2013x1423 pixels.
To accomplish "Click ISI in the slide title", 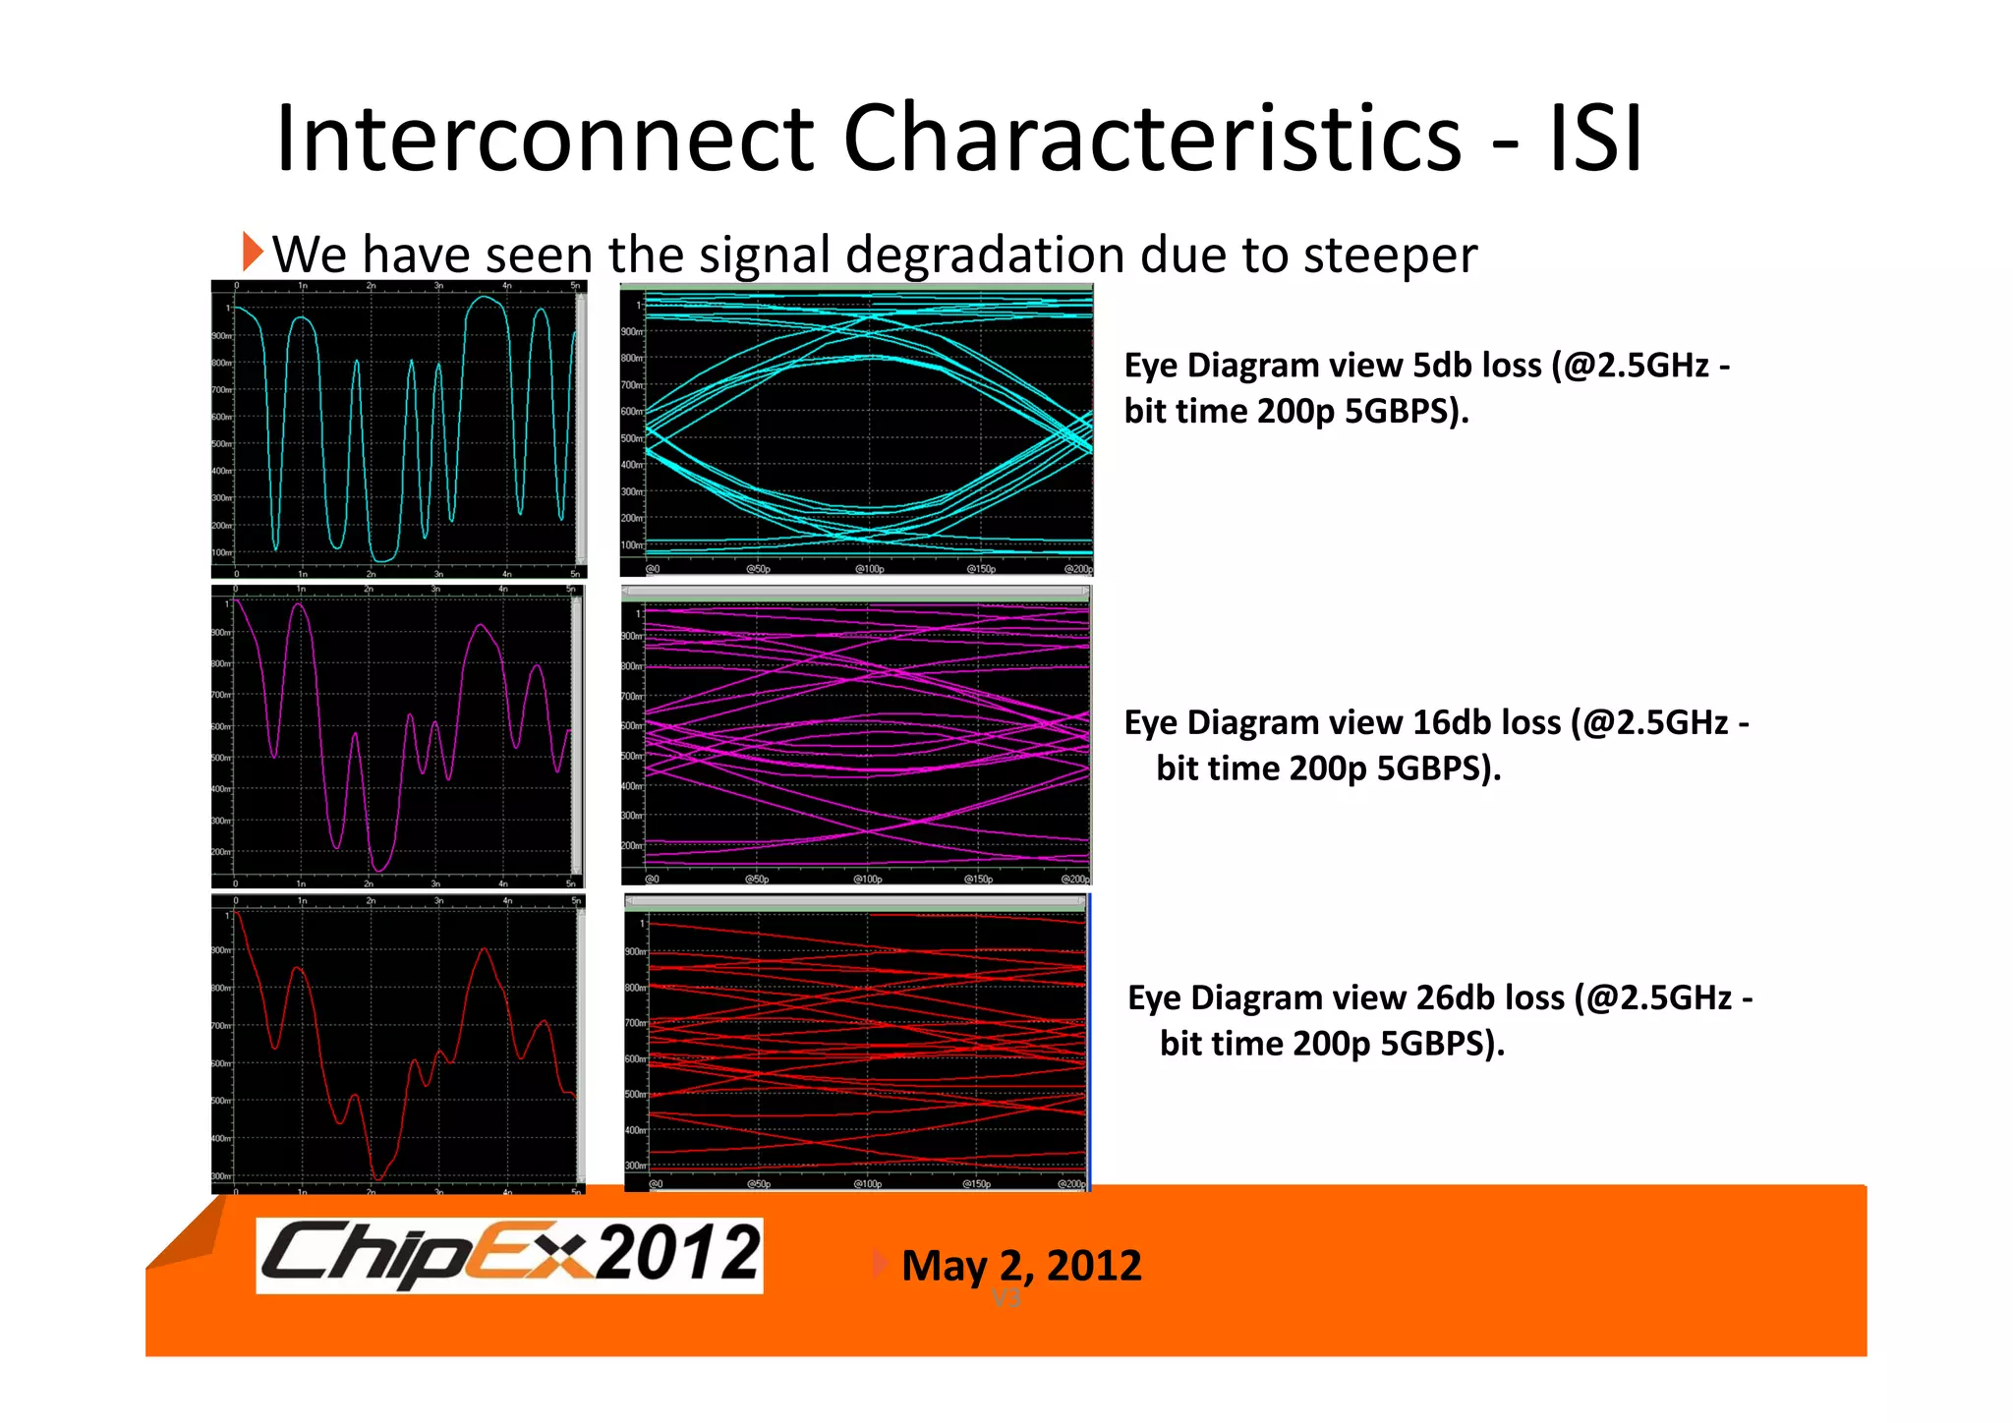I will coord(1594,140).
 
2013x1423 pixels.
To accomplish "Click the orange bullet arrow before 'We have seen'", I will coord(253,253).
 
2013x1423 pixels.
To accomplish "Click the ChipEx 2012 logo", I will coord(509,1255).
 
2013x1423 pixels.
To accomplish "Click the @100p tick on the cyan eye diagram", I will coord(869,569).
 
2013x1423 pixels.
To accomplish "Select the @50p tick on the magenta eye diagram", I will coord(756,879).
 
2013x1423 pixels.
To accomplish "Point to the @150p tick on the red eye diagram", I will coord(975,1184).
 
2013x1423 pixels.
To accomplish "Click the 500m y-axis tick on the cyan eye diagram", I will coord(632,438).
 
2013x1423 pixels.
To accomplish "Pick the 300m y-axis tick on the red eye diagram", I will coord(635,1166).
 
